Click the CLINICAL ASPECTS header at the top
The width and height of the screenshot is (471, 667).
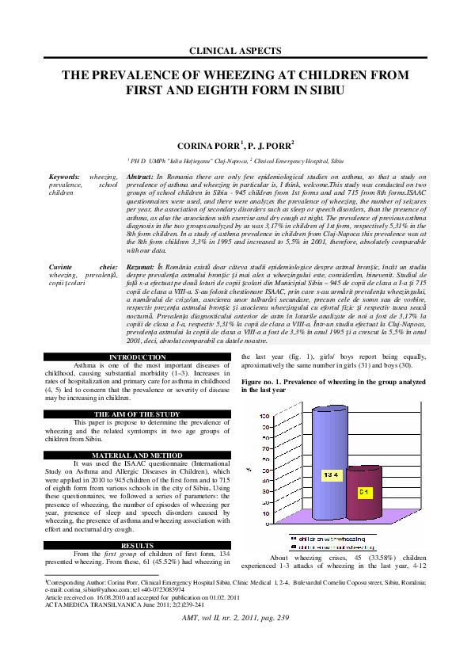(235, 51)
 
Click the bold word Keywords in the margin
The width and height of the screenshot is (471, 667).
(64, 176)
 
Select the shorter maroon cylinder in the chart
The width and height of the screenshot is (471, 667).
(364, 492)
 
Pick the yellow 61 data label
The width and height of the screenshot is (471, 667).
(365, 493)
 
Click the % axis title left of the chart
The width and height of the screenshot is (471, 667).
(249, 471)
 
